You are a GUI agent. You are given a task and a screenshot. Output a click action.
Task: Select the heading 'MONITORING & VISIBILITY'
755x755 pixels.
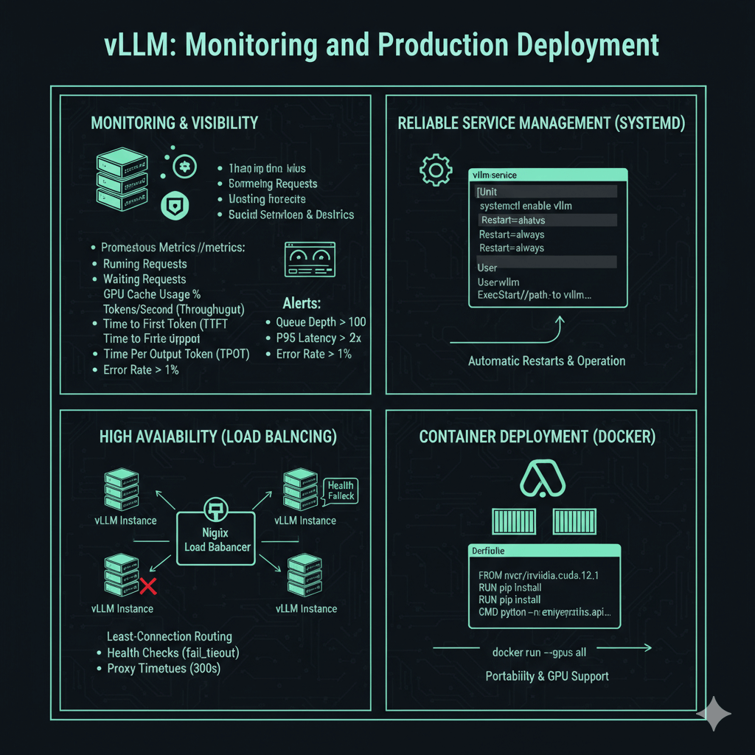point(175,123)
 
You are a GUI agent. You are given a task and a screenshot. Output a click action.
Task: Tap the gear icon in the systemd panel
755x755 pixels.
point(435,170)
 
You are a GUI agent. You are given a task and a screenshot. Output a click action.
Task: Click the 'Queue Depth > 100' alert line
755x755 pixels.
point(321,322)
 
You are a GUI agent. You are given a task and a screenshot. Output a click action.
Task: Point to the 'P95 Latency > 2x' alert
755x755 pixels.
point(319,338)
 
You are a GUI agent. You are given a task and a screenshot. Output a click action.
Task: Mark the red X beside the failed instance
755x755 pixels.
point(148,587)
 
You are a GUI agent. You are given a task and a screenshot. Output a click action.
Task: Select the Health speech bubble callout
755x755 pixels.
point(341,490)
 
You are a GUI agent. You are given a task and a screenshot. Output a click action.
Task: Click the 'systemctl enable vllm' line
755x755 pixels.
point(525,206)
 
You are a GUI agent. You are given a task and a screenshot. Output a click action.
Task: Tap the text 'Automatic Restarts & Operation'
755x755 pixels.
point(546,361)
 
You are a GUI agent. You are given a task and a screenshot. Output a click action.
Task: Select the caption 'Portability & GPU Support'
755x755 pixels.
point(547,676)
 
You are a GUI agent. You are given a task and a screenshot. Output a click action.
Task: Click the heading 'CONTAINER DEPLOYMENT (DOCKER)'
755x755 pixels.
point(537,436)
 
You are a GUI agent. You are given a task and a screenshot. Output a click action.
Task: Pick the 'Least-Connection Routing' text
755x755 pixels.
point(170,636)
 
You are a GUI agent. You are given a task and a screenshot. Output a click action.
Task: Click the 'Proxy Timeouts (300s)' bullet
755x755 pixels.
point(164,668)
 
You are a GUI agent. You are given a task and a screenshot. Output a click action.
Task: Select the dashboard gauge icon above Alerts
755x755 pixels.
point(310,260)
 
